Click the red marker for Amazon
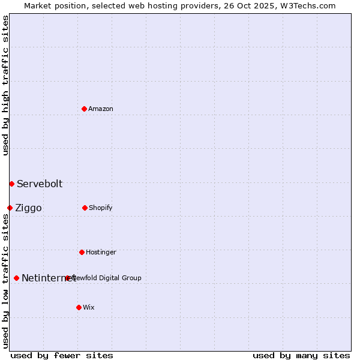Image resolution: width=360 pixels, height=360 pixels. [85, 109]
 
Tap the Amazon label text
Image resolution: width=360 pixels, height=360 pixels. [101, 109]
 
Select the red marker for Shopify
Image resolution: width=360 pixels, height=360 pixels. [85, 208]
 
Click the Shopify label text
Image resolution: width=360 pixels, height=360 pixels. [101, 208]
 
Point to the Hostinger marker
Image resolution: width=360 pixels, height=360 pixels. [82, 252]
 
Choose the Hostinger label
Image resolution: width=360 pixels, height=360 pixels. [101, 252]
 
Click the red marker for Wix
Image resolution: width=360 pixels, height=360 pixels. [79, 307]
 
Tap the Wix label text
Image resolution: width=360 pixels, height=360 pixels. [89, 307]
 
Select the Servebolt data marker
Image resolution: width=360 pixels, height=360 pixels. [11, 184]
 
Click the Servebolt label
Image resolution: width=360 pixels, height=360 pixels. [40, 184]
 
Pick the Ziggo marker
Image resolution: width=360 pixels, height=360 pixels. [10, 208]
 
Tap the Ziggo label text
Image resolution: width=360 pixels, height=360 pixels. [28, 208]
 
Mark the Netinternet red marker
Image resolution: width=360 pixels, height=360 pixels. [16, 278]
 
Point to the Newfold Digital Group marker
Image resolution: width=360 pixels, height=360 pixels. [68, 278]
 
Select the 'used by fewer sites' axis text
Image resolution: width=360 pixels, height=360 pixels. [62, 355]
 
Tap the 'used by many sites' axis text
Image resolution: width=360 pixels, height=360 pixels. [301, 355]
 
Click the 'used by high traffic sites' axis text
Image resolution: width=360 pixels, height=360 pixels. [5, 85]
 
